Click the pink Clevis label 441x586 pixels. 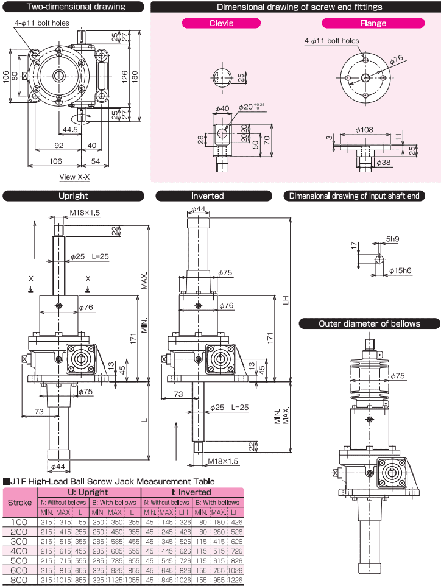tap(222, 23)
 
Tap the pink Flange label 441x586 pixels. tap(373, 23)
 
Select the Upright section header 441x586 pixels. tap(73, 196)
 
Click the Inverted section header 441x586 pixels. tap(208, 196)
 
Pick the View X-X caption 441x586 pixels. tap(74, 177)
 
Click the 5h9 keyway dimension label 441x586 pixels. tap(392, 239)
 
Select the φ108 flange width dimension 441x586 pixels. tap(364, 130)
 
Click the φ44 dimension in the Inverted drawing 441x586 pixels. tap(198, 209)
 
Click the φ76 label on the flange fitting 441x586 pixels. tap(397, 59)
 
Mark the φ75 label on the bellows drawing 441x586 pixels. tap(397, 376)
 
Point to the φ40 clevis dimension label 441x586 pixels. tap(222, 109)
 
